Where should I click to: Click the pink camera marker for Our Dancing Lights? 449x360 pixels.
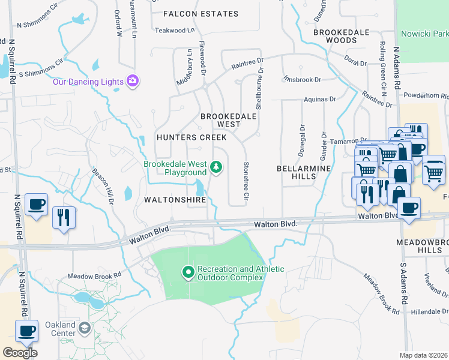pyautogui.click(x=133, y=81)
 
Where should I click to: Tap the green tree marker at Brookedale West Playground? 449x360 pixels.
pyautogui.click(x=215, y=167)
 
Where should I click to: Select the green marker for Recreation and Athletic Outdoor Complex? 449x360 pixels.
pyautogui.click(x=188, y=273)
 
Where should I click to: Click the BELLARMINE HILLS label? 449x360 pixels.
pyautogui.click(x=304, y=173)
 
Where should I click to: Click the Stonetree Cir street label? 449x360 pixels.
pyautogui.click(x=246, y=180)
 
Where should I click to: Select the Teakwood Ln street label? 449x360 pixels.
pyautogui.click(x=175, y=30)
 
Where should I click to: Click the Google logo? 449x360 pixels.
pyautogui.click(x=20, y=353)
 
